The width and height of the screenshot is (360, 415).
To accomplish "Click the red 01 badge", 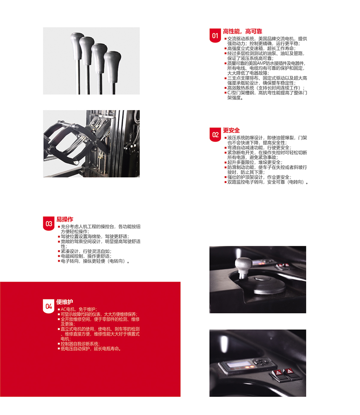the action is click(x=215, y=36).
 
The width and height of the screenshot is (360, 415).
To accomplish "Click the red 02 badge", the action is click(x=215, y=135).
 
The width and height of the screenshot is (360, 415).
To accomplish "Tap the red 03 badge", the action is click(x=49, y=224).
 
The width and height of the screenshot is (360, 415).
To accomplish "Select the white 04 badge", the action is click(x=49, y=306).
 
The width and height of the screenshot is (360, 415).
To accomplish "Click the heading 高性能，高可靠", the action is click(x=242, y=31).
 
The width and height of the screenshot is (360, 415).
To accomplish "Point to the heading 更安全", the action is click(x=231, y=130).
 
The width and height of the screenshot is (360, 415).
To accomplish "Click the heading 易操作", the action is click(x=65, y=219).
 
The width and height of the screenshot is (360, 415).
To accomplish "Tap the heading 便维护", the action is click(x=64, y=302).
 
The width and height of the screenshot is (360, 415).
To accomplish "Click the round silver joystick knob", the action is click(x=244, y=265).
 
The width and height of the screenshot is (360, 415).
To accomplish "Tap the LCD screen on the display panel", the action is click(x=238, y=364).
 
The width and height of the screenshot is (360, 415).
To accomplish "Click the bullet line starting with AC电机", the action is click(x=79, y=309).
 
